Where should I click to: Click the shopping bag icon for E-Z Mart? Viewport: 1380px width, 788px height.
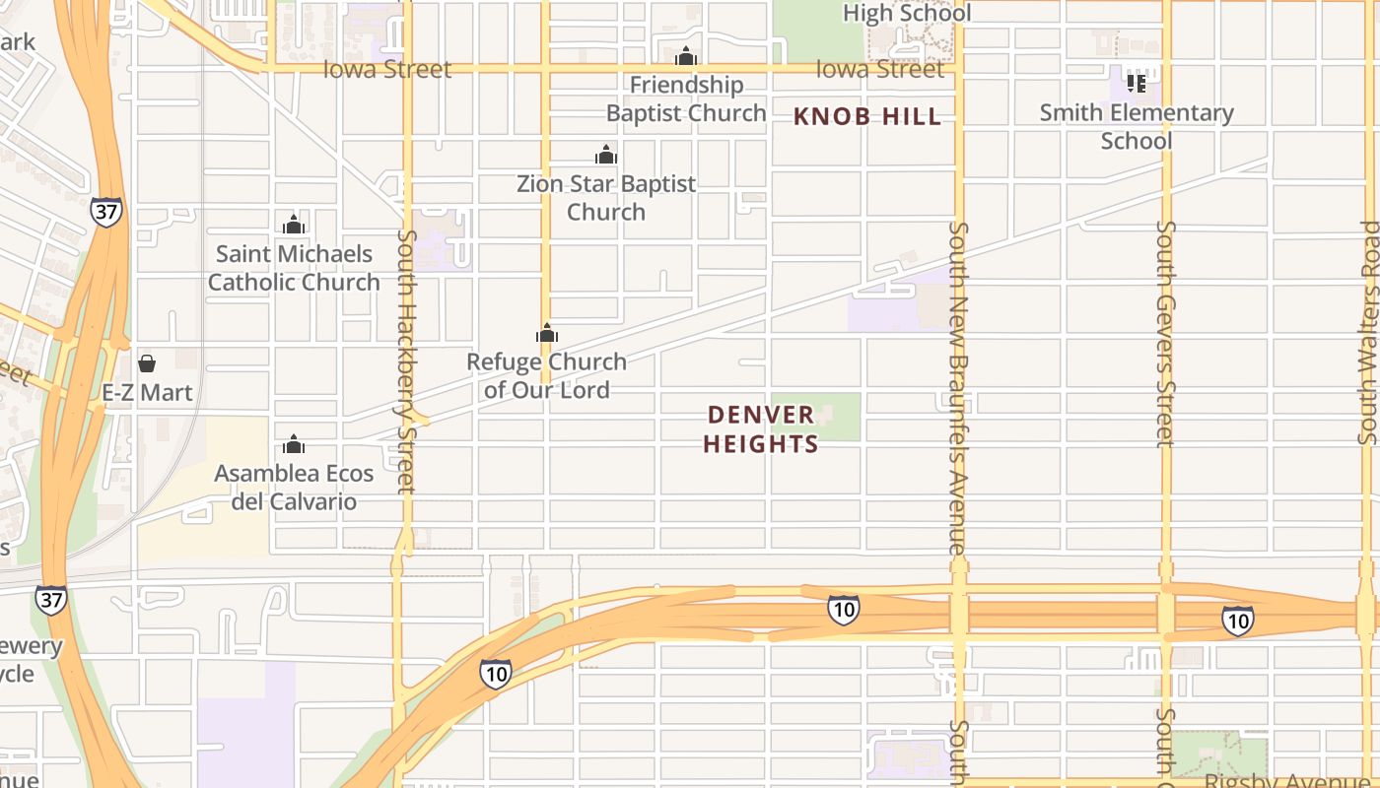(x=147, y=363)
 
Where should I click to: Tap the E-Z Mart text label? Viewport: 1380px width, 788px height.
(x=148, y=393)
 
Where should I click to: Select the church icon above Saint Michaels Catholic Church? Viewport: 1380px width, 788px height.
(x=294, y=225)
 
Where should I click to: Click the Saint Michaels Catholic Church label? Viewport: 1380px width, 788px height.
(x=294, y=268)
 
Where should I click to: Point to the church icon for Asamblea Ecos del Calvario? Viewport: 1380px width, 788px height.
(x=294, y=444)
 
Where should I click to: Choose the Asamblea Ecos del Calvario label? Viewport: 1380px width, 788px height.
(x=294, y=488)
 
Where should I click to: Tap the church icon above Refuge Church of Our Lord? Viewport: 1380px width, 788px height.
(x=547, y=333)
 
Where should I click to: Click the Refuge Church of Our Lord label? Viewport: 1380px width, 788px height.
(x=547, y=376)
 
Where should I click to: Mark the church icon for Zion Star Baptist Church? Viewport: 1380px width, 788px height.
(x=606, y=155)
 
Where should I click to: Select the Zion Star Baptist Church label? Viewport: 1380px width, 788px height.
(x=606, y=198)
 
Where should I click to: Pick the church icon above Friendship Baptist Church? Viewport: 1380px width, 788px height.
(x=686, y=56)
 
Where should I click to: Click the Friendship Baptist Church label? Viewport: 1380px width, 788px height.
(x=686, y=99)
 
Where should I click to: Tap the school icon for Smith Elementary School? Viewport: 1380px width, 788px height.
(x=1137, y=84)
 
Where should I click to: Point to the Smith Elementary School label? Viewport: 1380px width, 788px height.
(x=1137, y=127)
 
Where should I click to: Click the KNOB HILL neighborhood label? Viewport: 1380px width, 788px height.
(x=867, y=117)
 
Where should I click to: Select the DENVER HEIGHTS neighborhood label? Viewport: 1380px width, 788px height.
(x=761, y=429)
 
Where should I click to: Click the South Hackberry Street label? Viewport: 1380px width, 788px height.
(x=405, y=361)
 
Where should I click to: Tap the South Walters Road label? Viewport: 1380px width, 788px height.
(x=1369, y=332)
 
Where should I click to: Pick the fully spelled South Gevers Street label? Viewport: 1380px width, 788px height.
(x=1165, y=333)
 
